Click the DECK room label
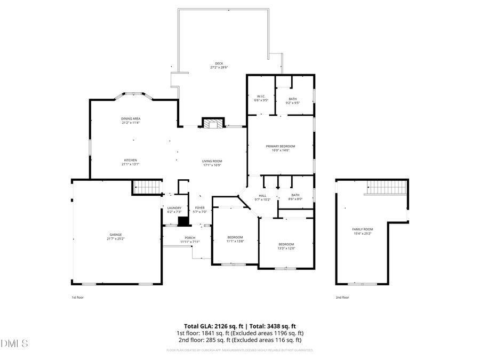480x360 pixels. pyautogui.click(x=219, y=63)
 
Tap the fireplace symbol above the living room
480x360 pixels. pyautogui.click(x=212, y=124)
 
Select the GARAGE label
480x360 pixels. pyautogui.click(x=116, y=235)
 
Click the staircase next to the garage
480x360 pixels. pyautogui.click(x=147, y=187)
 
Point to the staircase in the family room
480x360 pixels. pyautogui.click(x=385, y=187)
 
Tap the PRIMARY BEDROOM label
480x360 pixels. pyautogui.click(x=281, y=146)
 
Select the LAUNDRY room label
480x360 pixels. pyautogui.click(x=174, y=208)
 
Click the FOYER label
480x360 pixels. pyautogui.click(x=199, y=208)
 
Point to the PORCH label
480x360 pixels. pyautogui.click(x=189, y=238)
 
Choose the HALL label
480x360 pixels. pyautogui.click(x=263, y=196)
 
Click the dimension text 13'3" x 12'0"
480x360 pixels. pyautogui.click(x=286, y=248)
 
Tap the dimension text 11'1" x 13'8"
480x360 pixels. pyautogui.click(x=235, y=241)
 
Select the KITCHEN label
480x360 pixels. pyautogui.click(x=131, y=160)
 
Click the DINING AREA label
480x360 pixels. pyautogui.click(x=131, y=118)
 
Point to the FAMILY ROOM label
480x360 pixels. pyautogui.click(x=362, y=229)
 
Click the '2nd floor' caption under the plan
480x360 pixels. pyautogui.click(x=342, y=297)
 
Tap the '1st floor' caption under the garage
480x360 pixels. pyautogui.click(x=77, y=297)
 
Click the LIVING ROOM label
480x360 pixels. pyautogui.click(x=212, y=161)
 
